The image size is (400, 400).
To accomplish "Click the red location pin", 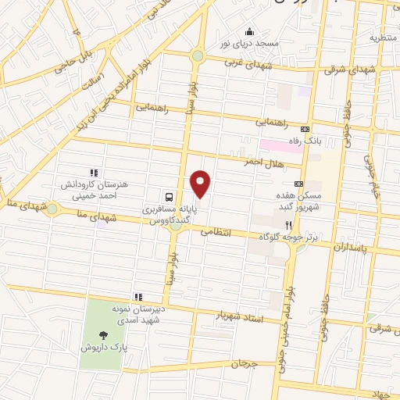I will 201,184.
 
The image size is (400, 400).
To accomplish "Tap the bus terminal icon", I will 170,195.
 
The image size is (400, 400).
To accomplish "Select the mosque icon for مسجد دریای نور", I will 248,31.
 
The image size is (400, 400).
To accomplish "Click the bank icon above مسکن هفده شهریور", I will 298,183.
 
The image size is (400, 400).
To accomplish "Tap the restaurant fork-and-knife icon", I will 288,223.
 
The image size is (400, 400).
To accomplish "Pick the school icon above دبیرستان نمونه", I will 137,296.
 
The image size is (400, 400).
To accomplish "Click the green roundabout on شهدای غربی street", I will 198,56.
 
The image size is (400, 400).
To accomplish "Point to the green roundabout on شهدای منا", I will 52,209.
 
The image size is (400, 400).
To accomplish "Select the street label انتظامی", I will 216,232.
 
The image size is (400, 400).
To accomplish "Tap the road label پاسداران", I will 349,248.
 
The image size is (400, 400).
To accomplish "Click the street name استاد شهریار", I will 241,318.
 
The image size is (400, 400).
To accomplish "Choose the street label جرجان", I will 244,364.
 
